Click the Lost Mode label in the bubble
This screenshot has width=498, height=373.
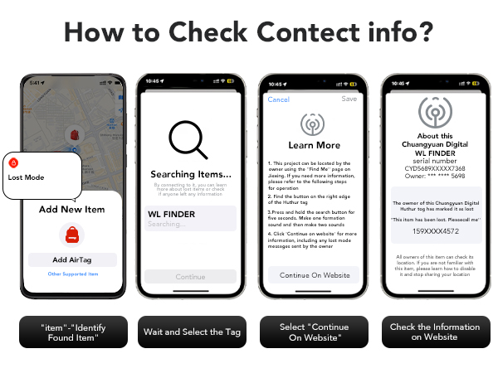(27, 177)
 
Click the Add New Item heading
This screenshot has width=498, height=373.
(71, 210)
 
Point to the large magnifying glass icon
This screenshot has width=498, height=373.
(189, 139)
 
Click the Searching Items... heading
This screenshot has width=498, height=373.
(190, 174)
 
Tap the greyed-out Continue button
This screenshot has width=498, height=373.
(190, 277)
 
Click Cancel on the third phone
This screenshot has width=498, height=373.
(278, 99)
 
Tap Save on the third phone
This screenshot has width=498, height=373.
(349, 99)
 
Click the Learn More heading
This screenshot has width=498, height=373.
(314, 146)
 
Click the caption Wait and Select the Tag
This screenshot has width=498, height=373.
(190, 332)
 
